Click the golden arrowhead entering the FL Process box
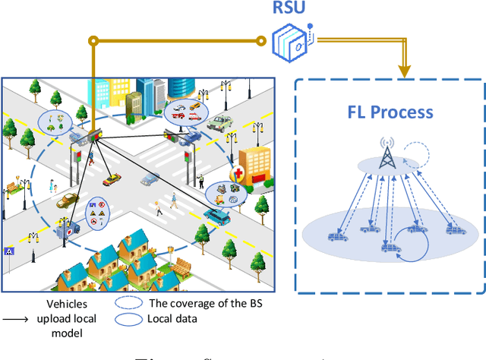(x=404, y=72)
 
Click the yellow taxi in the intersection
(x=112, y=179)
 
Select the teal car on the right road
(x=217, y=215)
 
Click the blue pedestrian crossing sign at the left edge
(x=10, y=251)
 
